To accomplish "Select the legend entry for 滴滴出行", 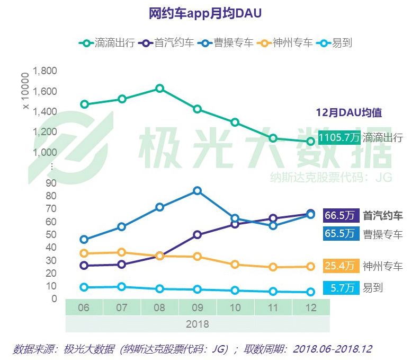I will pyautogui.click(x=106, y=43).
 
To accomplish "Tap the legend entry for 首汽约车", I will pyautogui.click(x=166, y=43).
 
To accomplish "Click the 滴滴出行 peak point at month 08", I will pyautogui.click(x=159, y=88).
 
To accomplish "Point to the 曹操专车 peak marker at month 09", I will pyautogui.click(x=197, y=190).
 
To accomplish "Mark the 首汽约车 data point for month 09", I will pyautogui.click(x=197, y=234).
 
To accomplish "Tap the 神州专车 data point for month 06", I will pyautogui.click(x=84, y=253).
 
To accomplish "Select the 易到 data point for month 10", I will pyautogui.click(x=235, y=291).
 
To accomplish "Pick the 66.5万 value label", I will pyautogui.click(x=339, y=216).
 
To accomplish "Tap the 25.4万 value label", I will pyautogui.click(x=339, y=266).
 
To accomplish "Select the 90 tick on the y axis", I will pyautogui.click(x=51, y=183).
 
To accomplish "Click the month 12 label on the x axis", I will pyautogui.click(x=310, y=308).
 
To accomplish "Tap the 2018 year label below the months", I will pyautogui.click(x=197, y=323).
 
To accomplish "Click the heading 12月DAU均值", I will pyautogui.click(x=349, y=112).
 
